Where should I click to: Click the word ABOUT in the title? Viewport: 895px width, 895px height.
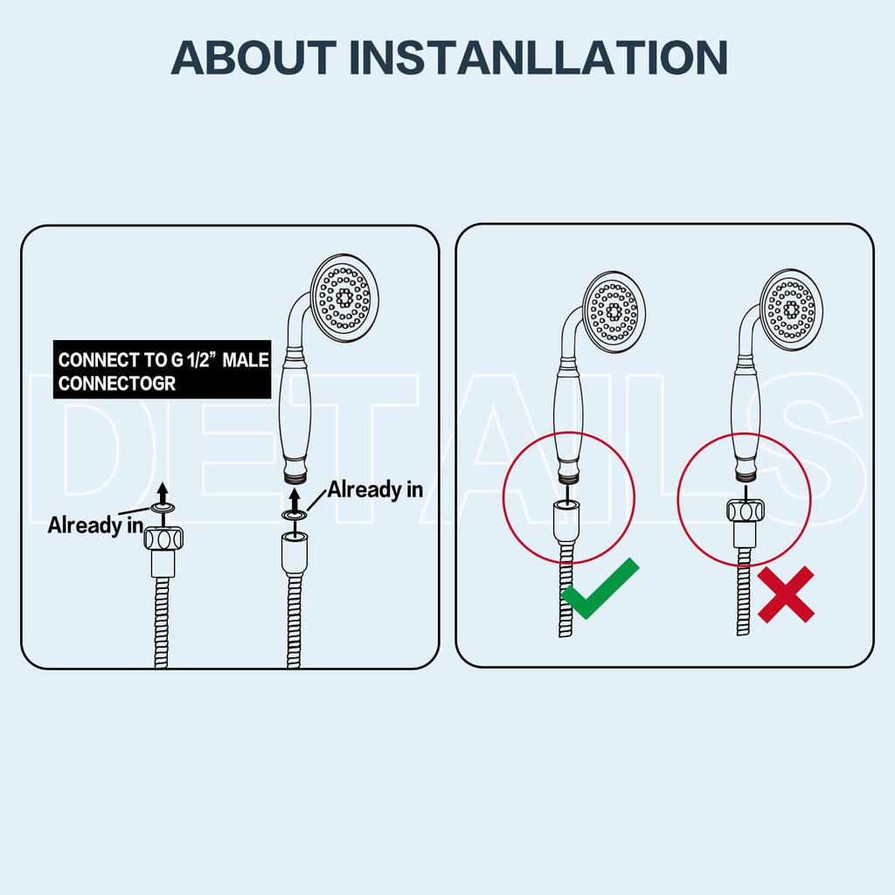pyautogui.click(x=253, y=58)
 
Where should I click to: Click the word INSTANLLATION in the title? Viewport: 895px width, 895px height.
pyautogui.click(x=538, y=58)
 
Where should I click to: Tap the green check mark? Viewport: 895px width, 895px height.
pyautogui.click(x=600, y=588)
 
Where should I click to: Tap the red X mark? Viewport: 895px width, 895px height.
pyautogui.click(x=786, y=594)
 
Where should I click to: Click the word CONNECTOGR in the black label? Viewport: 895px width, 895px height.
pyautogui.click(x=117, y=383)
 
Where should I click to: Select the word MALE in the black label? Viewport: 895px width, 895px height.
pyautogui.click(x=246, y=360)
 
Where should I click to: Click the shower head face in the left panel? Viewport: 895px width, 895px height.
pyautogui.click(x=344, y=298)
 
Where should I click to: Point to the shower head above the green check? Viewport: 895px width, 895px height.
pyautogui.click(x=614, y=312)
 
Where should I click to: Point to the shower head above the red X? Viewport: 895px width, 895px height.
pyautogui.click(x=791, y=310)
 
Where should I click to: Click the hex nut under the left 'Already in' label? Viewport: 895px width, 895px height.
pyautogui.click(x=163, y=538)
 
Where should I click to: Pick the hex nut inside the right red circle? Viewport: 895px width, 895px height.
pyautogui.click(x=746, y=510)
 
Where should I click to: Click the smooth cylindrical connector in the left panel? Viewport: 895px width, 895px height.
pyautogui.click(x=295, y=552)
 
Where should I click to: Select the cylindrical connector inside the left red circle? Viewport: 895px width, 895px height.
pyautogui.click(x=566, y=521)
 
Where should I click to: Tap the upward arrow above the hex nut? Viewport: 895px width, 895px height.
pyautogui.click(x=163, y=493)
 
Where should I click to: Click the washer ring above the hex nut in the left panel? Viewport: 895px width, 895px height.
pyautogui.click(x=163, y=508)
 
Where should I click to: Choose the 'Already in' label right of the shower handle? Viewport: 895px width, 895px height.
pyautogui.click(x=375, y=489)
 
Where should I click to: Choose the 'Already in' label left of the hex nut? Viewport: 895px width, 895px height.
pyautogui.click(x=95, y=525)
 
